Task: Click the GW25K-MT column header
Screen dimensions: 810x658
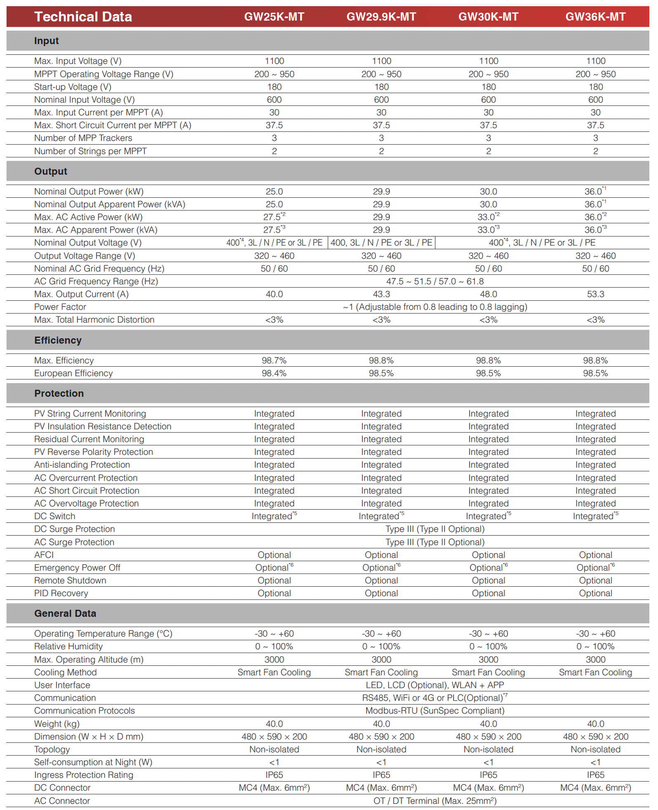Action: click(274, 17)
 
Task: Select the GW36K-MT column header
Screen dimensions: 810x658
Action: click(595, 17)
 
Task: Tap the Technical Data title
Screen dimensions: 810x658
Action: click(83, 17)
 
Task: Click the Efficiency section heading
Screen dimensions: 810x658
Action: click(58, 340)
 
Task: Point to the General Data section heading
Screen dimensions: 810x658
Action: click(65, 613)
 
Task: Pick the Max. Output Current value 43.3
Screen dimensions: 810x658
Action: click(381, 294)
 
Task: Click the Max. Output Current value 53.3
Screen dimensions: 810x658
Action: click(595, 294)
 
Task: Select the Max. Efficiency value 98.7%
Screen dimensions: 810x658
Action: click(274, 361)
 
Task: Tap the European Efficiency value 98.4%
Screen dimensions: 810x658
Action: click(274, 373)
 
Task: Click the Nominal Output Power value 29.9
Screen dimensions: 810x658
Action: click(381, 192)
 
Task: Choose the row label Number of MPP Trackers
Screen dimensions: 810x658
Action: click(83, 138)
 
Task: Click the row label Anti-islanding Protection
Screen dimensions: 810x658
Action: click(82, 465)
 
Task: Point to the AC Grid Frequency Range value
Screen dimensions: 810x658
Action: click(435, 281)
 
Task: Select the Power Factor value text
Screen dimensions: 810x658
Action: click(435, 307)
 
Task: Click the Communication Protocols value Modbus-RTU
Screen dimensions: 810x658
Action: click(435, 711)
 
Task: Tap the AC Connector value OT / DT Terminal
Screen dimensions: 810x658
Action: click(435, 801)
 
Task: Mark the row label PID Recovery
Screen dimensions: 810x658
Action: click(61, 593)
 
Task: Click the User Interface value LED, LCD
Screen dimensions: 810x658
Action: click(435, 685)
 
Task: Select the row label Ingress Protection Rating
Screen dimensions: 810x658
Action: click(83, 775)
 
